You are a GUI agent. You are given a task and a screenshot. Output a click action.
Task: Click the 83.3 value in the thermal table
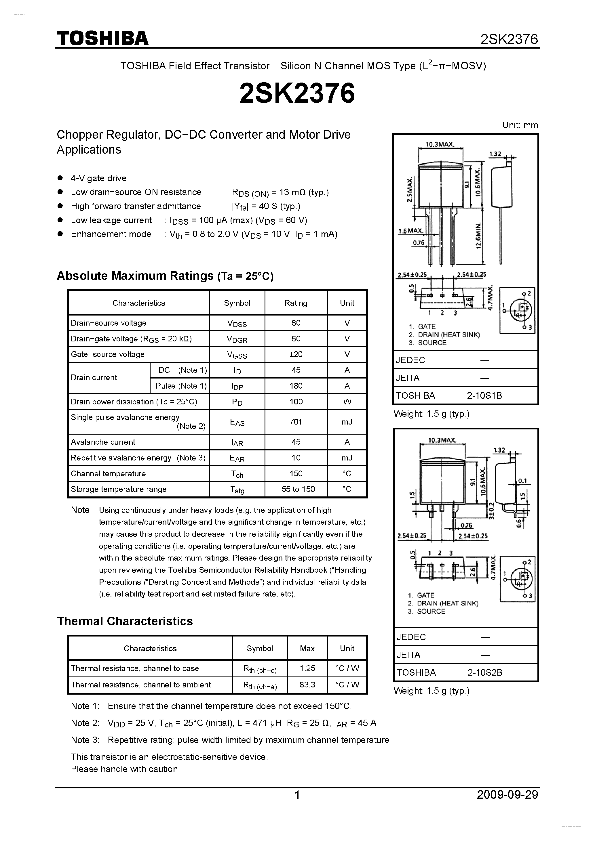pyautogui.click(x=307, y=685)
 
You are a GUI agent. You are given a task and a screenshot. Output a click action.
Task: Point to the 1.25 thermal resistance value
pyautogui.click(x=307, y=668)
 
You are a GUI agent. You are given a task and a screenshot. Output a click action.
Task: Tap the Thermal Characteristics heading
pyautogui.click(x=125, y=621)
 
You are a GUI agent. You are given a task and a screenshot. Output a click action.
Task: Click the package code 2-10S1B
pyautogui.click(x=484, y=395)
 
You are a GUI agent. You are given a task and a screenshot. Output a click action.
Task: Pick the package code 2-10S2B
pyautogui.click(x=484, y=672)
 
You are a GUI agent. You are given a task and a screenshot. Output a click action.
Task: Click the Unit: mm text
pyautogui.click(x=520, y=125)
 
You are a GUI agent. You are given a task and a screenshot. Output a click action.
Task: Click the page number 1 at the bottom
pyautogui.click(x=297, y=795)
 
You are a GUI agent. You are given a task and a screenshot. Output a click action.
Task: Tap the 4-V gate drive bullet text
pyautogui.click(x=98, y=178)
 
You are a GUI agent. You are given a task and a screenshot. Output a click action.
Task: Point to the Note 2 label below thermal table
pyautogui.click(x=85, y=723)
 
